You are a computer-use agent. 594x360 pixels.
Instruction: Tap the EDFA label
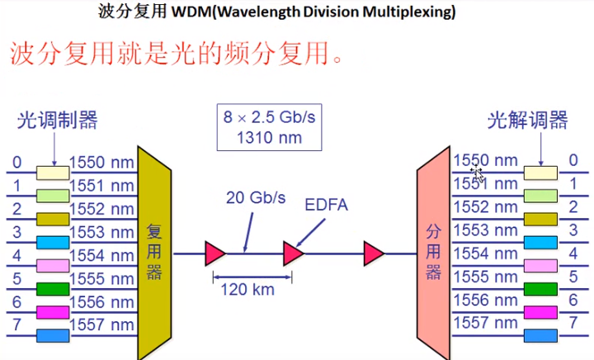tap(327, 203)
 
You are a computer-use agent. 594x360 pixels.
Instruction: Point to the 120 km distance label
tap(246, 290)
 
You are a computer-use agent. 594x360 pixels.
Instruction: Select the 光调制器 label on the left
tap(57, 121)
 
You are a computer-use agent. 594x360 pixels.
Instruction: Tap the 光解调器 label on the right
tap(528, 121)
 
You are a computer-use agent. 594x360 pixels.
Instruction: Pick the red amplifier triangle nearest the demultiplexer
tap(374, 253)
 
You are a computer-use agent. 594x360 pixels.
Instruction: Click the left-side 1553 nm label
tap(101, 232)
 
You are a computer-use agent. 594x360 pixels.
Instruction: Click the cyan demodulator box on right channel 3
tap(540, 243)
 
